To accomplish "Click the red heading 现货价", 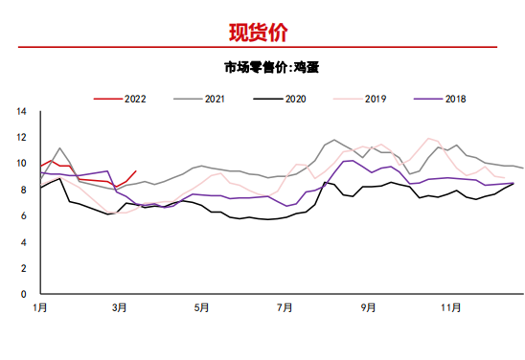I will tap(258, 33).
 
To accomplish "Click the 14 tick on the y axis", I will tap(21, 111).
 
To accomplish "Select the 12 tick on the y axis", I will tap(21, 137).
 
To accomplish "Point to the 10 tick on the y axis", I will tap(21, 164).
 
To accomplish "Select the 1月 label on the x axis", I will tap(39, 308).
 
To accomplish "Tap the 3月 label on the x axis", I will tap(120, 308).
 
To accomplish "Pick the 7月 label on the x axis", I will tap(285, 308).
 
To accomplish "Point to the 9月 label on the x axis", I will tap(368, 308).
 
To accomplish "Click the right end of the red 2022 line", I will tap(136, 170).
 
